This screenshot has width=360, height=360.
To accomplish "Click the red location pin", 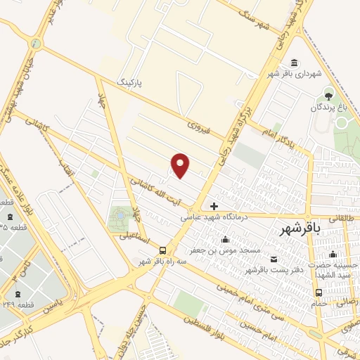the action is pyautogui.click(x=181, y=165).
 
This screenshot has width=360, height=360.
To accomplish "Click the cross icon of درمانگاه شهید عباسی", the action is pyautogui.click(x=214, y=207).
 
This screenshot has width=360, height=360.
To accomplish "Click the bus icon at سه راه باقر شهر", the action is pyautogui.click(x=163, y=250).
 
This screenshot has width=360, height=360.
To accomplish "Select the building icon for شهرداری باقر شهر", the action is pyautogui.click(x=293, y=62).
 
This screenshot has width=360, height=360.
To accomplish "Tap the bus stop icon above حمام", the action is pyautogui.click(x=319, y=292).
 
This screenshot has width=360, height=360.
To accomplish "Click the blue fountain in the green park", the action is pyautogui.click(x=117, y=214).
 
